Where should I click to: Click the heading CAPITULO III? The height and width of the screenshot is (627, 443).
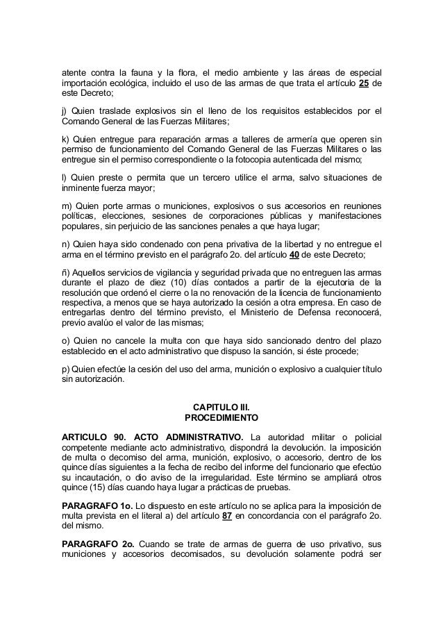click(x=221, y=408)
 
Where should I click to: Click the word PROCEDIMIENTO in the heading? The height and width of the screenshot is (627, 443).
click(x=221, y=419)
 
